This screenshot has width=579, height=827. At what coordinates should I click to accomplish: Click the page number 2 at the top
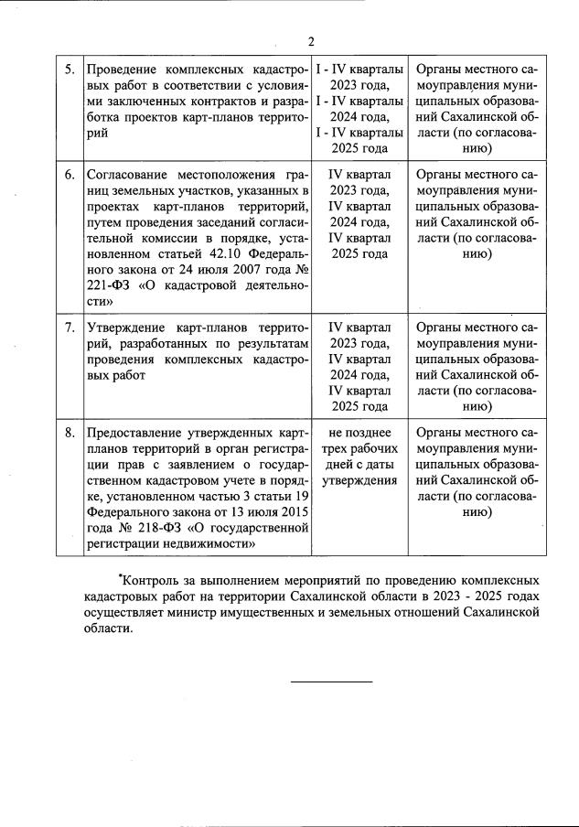click(x=311, y=40)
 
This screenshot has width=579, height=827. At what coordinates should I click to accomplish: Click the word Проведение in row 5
click(x=124, y=70)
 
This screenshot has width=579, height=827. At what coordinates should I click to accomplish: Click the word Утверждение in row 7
click(x=126, y=327)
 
